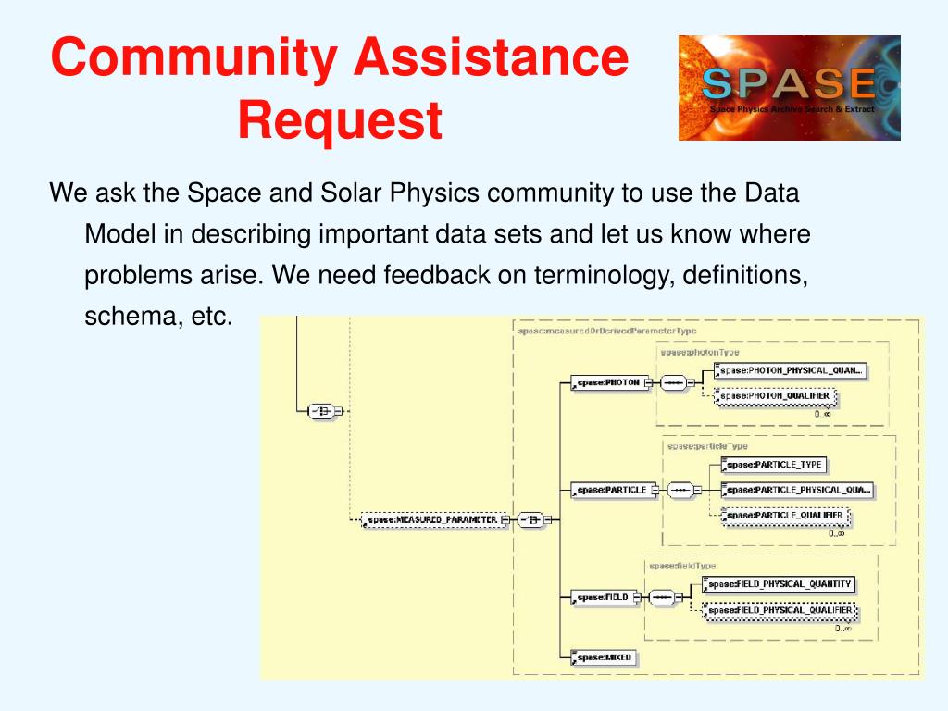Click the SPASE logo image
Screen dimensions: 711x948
point(789,88)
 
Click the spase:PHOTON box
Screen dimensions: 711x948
point(607,382)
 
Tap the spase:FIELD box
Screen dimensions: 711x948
point(605,597)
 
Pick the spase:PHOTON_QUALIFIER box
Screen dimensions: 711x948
point(777,396)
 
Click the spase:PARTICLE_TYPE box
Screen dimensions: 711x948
point(774,465)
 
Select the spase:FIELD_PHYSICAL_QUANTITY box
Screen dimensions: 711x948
point(780,584)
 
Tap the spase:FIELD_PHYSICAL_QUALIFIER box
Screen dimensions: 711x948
point(780,611)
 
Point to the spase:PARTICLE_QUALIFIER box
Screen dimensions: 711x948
point(785,517)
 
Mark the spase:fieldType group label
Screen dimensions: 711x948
point(682,566)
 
